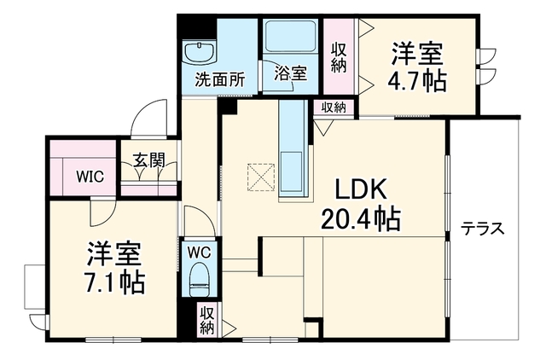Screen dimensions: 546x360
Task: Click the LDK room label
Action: [360, 189]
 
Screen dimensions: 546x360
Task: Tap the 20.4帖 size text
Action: [360, 219]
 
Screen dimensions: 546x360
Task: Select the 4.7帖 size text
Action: [417, 81]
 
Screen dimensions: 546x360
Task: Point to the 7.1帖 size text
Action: [113, 282]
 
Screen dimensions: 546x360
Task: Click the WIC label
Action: [90, 177]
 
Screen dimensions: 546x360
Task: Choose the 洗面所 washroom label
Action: [220, 80]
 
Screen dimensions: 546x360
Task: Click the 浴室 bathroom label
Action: [290, 73]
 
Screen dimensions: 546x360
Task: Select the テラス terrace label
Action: [483, 229]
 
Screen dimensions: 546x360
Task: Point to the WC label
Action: [199, 252]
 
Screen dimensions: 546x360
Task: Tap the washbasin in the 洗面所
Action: [199, 52]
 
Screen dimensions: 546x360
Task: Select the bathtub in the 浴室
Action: [290, 36]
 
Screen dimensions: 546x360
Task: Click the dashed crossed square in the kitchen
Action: [261, 177]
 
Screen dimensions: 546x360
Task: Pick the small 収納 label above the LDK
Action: [334, 107]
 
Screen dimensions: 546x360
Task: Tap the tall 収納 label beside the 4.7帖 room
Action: [338, 58]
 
